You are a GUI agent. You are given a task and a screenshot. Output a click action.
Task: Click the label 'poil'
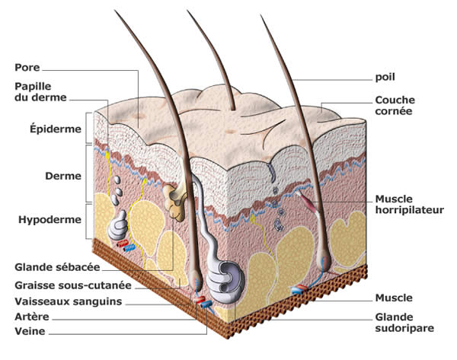tap(385, 77)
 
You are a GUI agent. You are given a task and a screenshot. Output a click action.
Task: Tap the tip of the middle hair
tap(189, 11)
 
